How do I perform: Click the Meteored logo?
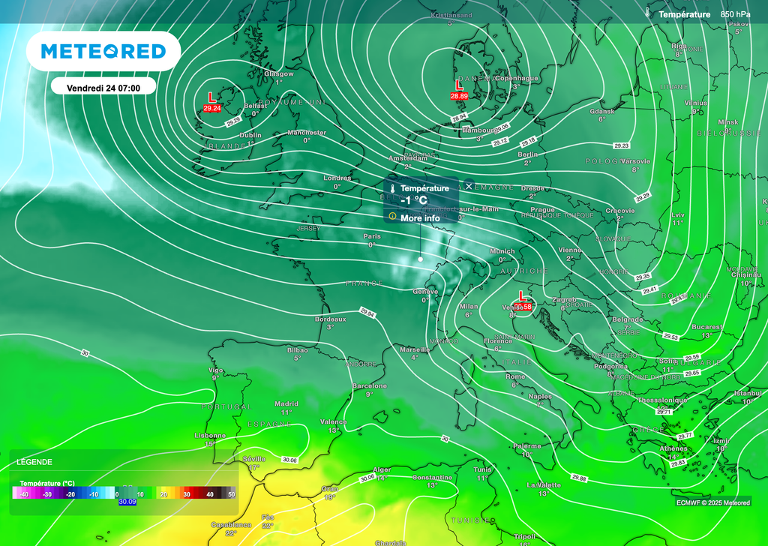click(103, 51)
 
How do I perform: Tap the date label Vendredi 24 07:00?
click(103, 87)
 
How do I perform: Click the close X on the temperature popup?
click(469, 186)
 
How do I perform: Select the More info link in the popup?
click(420, 218)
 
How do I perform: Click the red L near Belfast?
click(211, 97)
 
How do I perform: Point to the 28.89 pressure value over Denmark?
click(459, 97)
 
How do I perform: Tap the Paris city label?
click(372, 236)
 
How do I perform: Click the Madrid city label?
click(286, 403)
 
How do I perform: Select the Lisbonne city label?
click(210, 435)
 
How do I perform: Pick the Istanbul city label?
click(747, 393)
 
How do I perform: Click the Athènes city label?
click(652, 448)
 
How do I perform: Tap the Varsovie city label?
click(636, 161)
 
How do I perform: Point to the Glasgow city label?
click(278, 73)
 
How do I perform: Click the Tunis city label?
click(482, 469)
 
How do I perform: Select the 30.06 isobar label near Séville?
click(289, 460)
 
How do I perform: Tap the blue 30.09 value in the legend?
click(127, 502)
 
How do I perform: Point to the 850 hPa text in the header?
click(735, 14)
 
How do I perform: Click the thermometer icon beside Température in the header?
click(647, 13)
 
